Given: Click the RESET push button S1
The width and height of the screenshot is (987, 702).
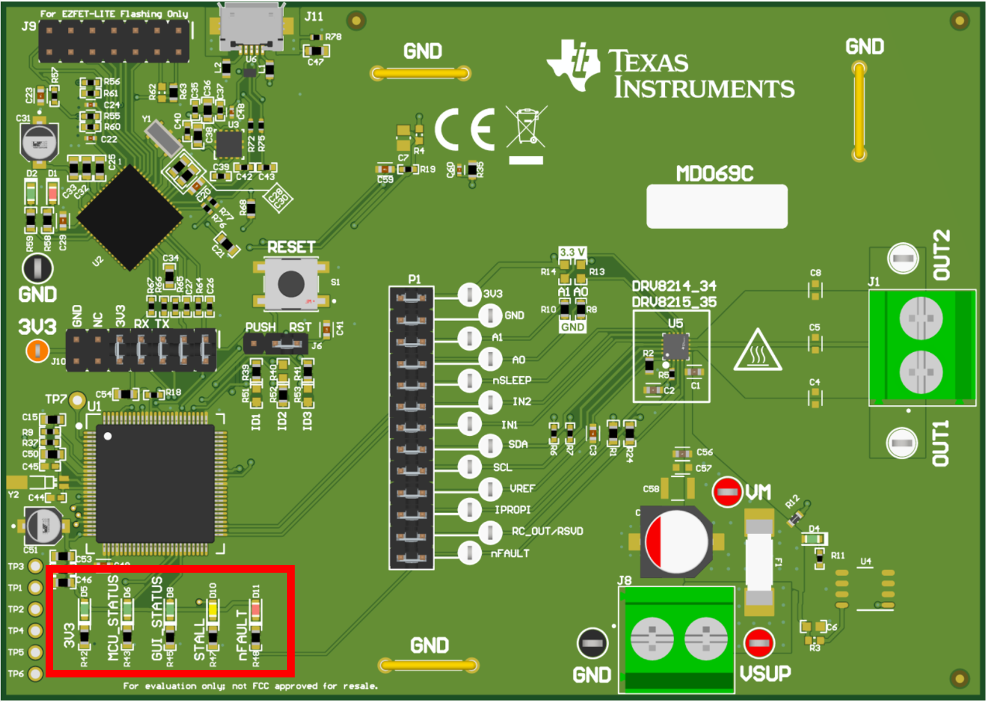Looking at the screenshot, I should [291, 284].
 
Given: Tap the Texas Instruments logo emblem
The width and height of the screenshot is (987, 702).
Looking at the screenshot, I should [574, 66].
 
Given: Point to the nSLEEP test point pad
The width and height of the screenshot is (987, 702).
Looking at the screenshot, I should [470, 381].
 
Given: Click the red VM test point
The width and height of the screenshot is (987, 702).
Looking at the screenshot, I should [727, 491].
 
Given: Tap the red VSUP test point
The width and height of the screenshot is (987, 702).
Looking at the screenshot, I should [759, 642].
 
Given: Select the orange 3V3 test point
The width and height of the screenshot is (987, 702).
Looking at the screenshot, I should [37, 351].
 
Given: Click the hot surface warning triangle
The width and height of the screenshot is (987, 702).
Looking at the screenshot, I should [758, 351].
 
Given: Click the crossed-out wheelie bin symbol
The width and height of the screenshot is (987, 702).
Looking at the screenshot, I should [527, 127].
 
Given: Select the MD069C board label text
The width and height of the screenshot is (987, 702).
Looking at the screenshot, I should [715, 174].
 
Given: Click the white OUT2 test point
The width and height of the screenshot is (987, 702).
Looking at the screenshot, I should [903, 259].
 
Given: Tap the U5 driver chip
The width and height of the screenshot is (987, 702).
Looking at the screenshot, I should [675, 346].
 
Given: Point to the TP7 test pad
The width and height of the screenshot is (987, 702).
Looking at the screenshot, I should [77, 400].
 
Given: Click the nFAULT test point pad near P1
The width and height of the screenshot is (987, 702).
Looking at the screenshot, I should [470, 553].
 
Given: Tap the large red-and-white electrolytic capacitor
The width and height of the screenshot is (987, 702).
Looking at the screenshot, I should [677, 541].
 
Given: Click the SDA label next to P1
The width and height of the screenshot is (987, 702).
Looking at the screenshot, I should [517, 445].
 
